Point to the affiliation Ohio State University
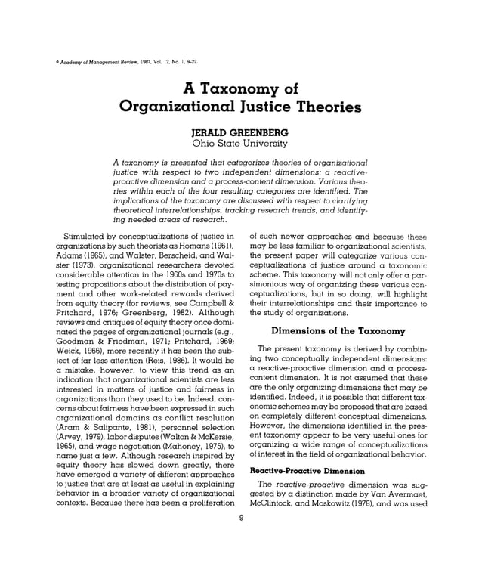click(x=240, y=143)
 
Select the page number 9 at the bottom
click(x=240, y=517)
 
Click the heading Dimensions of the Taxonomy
click(x=338, y=330)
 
